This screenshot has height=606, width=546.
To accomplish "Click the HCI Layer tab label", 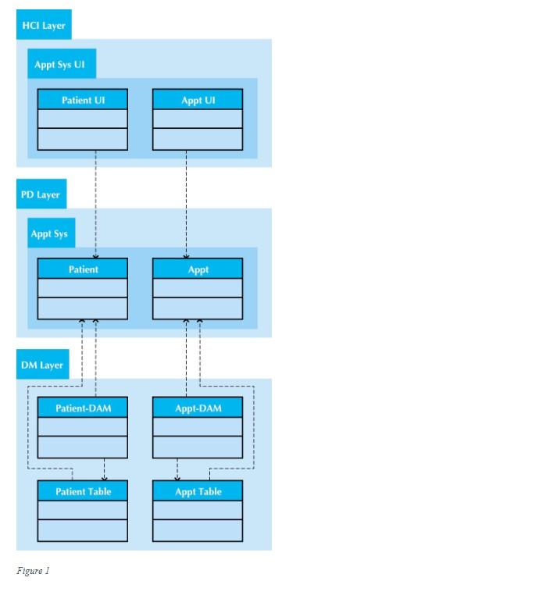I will point(43,26).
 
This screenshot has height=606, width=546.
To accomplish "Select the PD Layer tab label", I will point(40,194).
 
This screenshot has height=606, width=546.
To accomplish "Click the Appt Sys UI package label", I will point(59,65).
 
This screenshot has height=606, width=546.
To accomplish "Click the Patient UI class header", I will point(83,100).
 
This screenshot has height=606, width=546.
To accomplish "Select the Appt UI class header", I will point(198,100).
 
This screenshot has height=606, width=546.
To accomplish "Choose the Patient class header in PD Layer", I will point(83,269).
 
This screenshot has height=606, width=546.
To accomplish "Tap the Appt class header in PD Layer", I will point(198,269).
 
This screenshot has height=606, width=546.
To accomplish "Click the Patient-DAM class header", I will point(83,408).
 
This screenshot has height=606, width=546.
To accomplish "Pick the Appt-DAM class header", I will point(198,408).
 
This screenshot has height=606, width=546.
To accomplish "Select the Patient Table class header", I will point(83,491).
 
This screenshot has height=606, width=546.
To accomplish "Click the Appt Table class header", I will point(198,491).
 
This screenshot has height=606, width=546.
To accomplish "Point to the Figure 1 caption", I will point(33,571).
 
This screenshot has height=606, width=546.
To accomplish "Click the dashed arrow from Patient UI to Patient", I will point(95,203).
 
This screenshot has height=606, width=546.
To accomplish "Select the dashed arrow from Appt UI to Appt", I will point(186,203).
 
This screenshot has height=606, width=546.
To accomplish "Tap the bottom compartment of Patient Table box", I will point(83,531).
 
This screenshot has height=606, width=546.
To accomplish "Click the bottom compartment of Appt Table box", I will point(198,531).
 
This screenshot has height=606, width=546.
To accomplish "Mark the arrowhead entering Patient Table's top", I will point(105,478).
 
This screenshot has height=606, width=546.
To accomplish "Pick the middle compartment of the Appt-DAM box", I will point(198,427).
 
